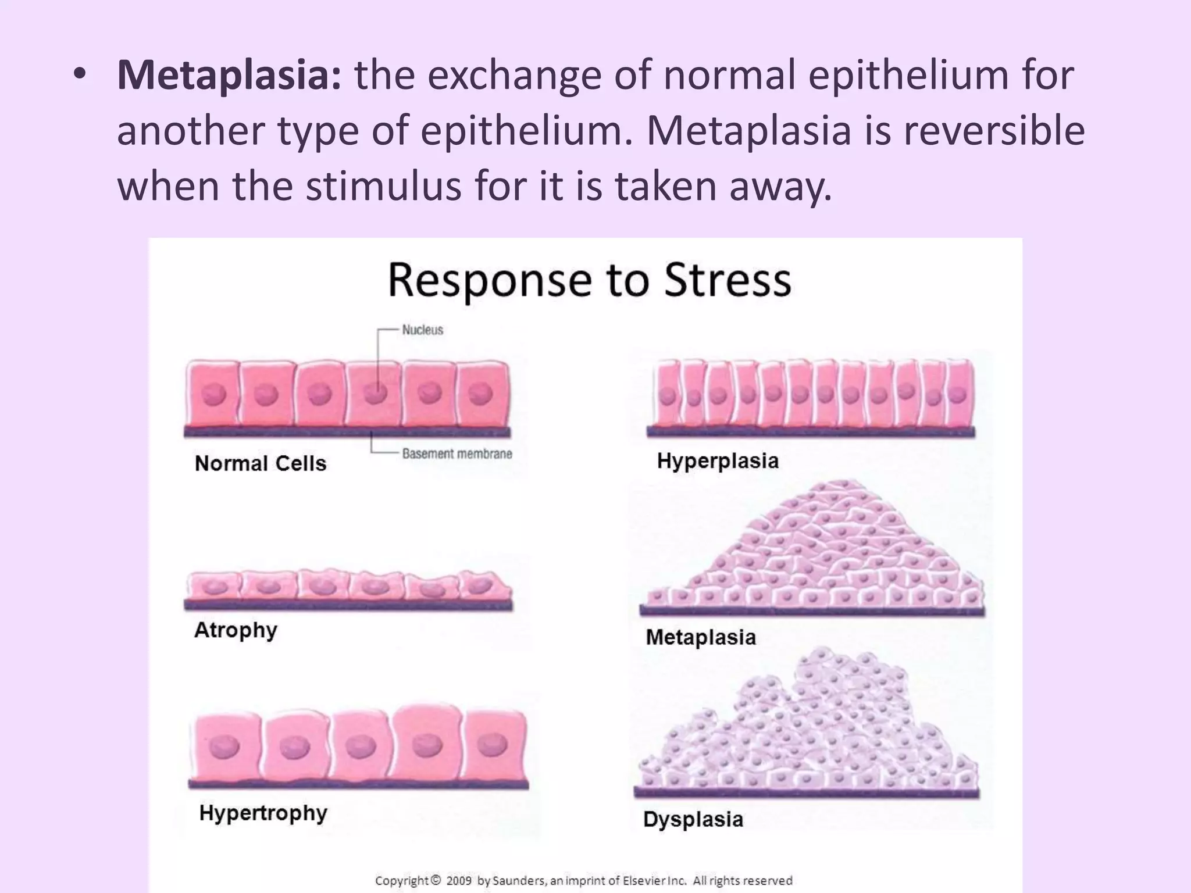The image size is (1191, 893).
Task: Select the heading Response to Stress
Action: tap(589, 281)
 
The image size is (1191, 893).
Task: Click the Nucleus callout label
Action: tap(422, 330)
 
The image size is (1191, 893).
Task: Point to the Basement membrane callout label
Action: tap(457, 454)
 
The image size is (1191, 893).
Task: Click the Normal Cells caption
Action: tap(261, 463)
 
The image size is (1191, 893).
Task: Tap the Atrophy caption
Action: tap(236, 630)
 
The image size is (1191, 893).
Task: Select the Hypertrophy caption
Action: tap(263, 813)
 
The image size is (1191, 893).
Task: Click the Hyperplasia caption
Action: tap(718, 461)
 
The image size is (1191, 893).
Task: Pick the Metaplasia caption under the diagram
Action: tap(701, 637)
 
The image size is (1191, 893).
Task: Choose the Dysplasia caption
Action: tap(693, 819)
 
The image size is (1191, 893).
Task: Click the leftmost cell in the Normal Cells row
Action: tap(212, 394)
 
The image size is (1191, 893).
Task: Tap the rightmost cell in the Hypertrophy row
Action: tap(496, 746)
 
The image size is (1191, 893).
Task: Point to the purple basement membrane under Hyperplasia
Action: tap(811, 432)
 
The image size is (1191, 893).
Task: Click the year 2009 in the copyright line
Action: tap(459, 881)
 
